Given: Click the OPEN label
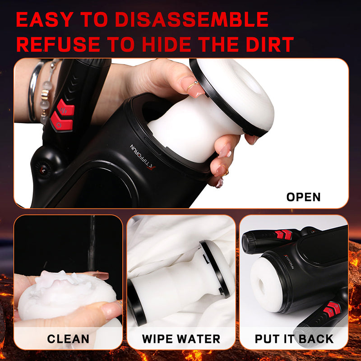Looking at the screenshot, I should coord(303,197).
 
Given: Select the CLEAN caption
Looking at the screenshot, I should coord(68,338).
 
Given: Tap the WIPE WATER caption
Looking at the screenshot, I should coord(181,338).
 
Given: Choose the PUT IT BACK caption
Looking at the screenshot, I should coord(294,338).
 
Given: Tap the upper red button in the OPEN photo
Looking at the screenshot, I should coord(66,108).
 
